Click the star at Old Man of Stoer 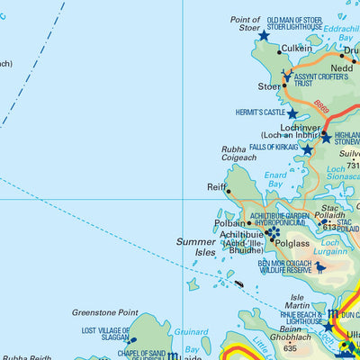[x=264, y=36]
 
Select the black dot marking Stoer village [x=285, y=86]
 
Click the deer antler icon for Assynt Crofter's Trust [x=286, y=74]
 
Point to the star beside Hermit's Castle [x=292, y=113]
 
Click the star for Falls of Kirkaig [x=307, y=149]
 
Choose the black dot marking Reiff [x=229, y=191]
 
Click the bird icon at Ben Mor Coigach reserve [x=320, y=267]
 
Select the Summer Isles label [x=196, y=248]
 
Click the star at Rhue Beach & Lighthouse [x=328, y=326]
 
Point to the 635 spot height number [x=289, y=347]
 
